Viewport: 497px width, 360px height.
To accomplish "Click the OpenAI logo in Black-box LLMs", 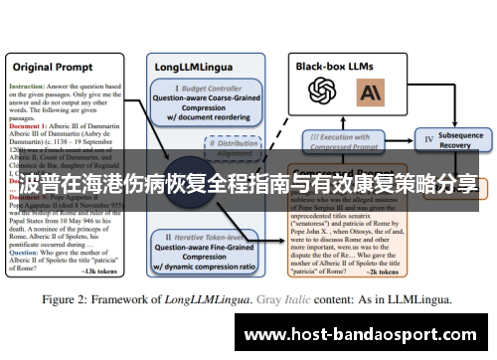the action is click(323, 92).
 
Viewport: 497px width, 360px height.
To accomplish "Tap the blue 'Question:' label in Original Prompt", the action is click(27, 253).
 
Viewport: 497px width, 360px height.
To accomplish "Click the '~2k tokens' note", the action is click(382, 270).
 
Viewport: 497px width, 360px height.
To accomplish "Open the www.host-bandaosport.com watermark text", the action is click(363, 336).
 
